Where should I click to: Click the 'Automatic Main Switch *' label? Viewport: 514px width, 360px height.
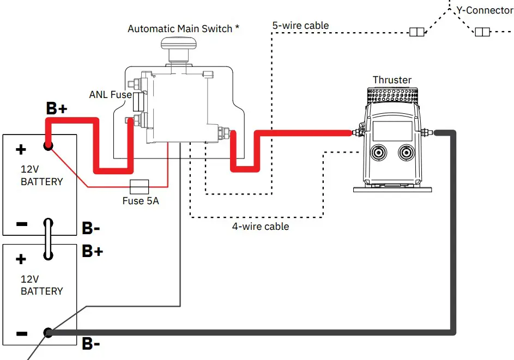183,28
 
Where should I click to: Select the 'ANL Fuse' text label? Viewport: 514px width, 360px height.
110,95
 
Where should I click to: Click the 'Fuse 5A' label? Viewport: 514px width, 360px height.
140,200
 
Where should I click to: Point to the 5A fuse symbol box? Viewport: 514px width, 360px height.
140,186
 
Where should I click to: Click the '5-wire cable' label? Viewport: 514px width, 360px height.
300,25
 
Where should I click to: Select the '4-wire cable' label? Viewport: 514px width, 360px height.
261,226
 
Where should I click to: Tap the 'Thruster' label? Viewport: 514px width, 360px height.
392,80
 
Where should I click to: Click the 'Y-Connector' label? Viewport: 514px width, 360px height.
483,10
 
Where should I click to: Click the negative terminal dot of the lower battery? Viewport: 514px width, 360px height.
48,332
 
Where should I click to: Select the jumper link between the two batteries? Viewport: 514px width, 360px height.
48,240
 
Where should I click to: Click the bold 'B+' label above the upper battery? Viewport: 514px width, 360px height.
56,109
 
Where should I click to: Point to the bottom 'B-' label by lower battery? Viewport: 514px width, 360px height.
90,344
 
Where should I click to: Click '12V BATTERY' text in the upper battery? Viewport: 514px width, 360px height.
41,176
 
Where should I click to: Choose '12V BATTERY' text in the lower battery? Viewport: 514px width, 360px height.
41,285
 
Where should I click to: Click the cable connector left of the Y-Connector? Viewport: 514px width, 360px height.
416,32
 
